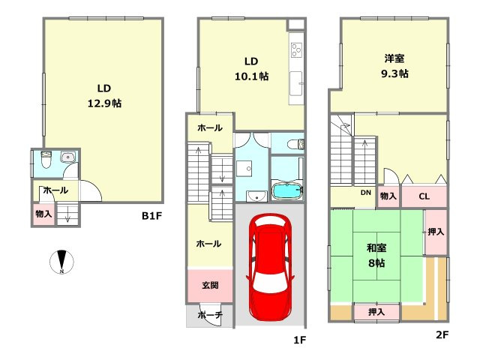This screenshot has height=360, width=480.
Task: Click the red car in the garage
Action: (270, 267)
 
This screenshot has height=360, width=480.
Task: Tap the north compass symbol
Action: (61, 262)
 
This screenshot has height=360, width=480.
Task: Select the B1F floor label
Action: (151, 216)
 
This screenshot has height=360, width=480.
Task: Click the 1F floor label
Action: (300, 340)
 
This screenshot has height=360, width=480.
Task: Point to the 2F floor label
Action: (442, 334)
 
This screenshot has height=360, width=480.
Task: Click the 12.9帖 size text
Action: (104, 103)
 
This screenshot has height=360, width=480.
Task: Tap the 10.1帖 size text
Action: (252, 76)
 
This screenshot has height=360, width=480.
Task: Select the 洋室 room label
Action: (394, 58)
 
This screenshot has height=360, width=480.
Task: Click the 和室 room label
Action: (376, 247)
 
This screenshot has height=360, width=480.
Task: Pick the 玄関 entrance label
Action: (210, 285)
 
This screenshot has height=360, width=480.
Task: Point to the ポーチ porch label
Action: (210, 314)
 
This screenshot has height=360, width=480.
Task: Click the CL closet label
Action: (424, 196)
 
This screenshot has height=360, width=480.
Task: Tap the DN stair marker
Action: (365, 193)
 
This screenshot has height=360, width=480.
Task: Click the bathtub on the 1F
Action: (287, 191)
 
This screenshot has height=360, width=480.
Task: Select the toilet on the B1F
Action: (46, 160)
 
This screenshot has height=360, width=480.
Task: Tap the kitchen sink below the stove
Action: (296, 83)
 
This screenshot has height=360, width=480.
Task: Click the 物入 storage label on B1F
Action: (43, 214)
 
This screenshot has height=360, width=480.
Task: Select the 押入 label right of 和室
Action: (436, 232)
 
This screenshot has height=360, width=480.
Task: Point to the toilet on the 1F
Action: (295, 143)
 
